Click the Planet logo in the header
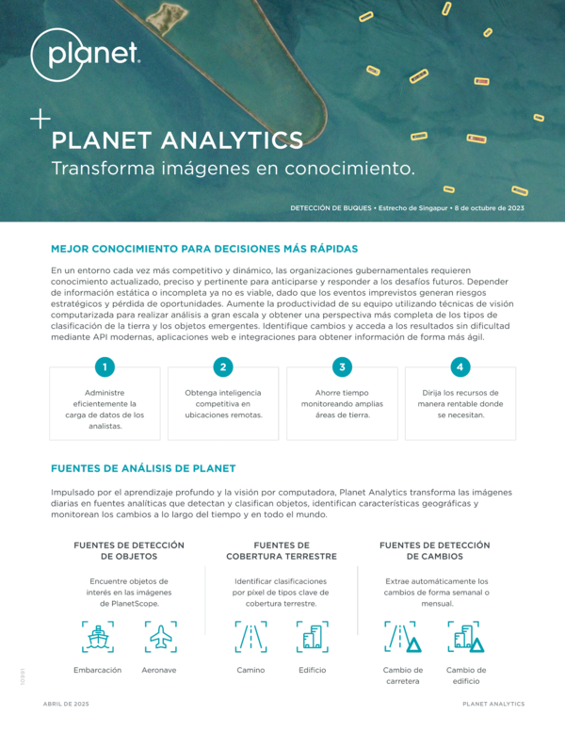(x=85, y=55)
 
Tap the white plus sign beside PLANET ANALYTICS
(x=40, y=119)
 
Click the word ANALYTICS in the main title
(x=232, y=140)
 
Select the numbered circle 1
(x=105, y=366)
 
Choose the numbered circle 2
(x=223, y=366)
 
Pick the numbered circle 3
(x=342, y=366)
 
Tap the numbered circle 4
(x=460, y=366)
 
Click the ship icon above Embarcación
(x=98, y=637)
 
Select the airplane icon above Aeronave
(x=161, y=637)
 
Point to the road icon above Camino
(x=251, y=637)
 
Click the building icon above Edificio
(x=313, y=637)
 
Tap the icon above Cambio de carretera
(x=403, y=637)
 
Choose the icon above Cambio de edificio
(x=465, y=637)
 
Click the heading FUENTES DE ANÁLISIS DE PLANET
(x=143, y=468)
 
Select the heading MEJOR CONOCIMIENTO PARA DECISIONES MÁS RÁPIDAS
(x=204, y=249)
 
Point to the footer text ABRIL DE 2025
(x=66, y=704)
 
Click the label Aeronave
(x=159, y=670)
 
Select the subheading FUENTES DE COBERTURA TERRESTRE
(x=282, y=551)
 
